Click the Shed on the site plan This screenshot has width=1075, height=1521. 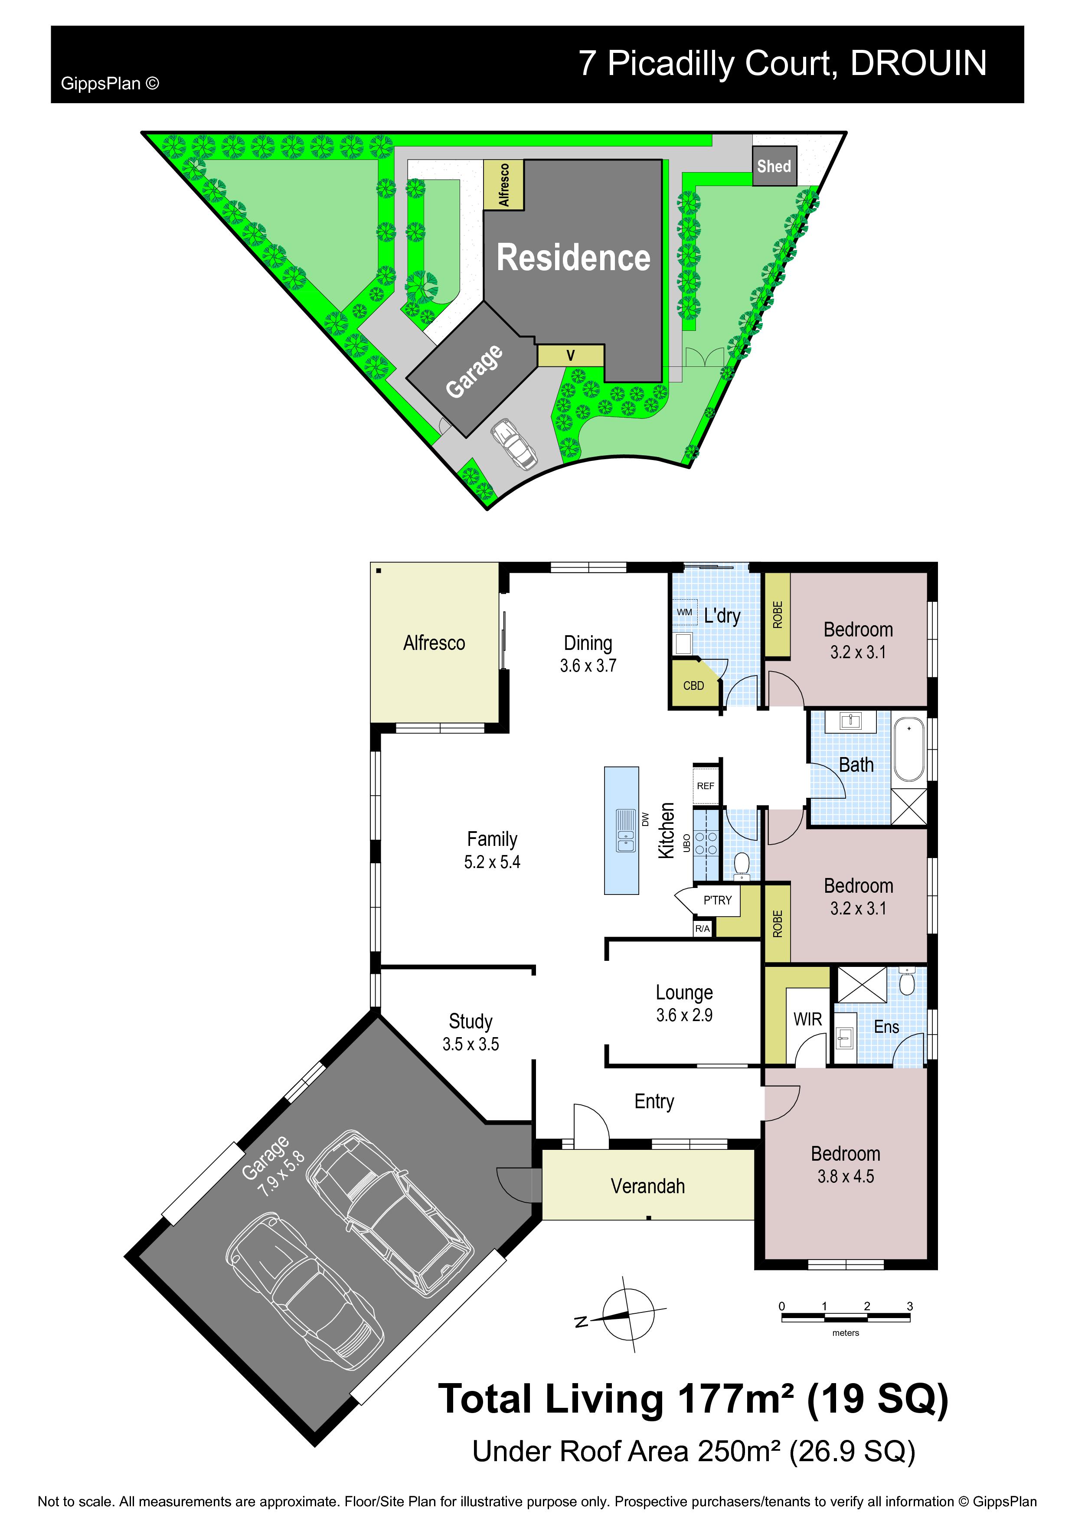774,166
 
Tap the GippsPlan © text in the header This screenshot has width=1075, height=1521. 110,84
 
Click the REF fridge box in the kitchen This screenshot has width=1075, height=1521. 706,785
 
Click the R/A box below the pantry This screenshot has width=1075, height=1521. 703,928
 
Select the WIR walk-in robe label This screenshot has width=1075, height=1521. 807,1019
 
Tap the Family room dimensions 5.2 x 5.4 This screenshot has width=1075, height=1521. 492,862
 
